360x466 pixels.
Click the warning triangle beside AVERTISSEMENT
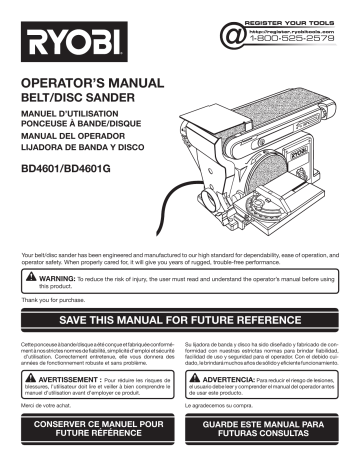27,384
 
